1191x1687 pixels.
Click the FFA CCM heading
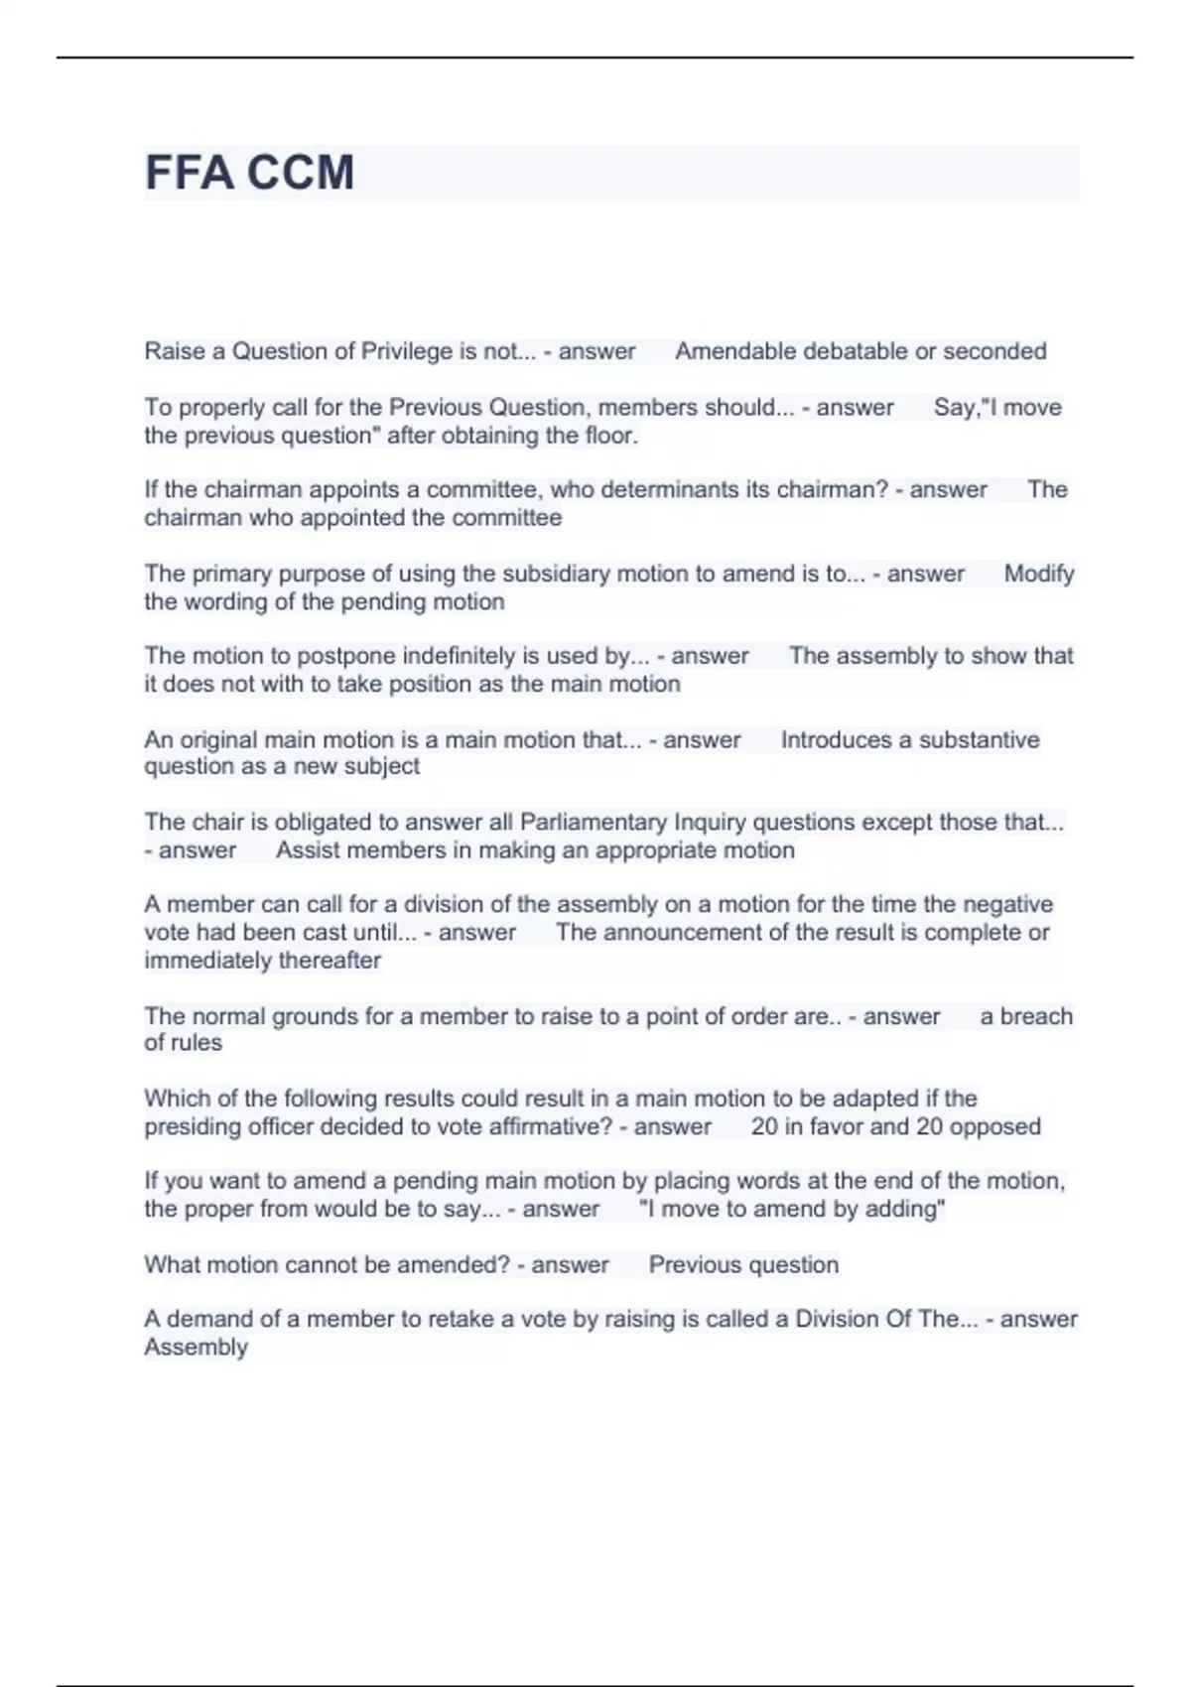tap(249, 173)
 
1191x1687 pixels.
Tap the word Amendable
tap(735, 351)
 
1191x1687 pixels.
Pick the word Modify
tap(1039, 574)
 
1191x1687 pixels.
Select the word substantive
tap(979, 739)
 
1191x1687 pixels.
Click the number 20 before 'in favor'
tap(764, 1126)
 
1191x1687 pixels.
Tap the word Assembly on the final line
tap(196, 1348)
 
